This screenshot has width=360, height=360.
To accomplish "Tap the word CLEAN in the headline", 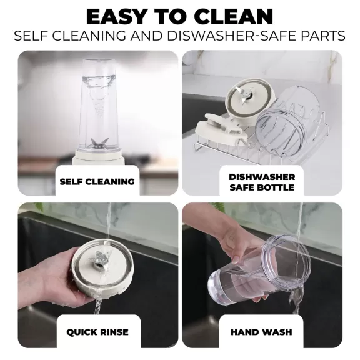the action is (235, 17).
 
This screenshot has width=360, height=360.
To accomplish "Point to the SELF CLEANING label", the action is (97, 182).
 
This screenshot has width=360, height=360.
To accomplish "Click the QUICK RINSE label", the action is (97, 332).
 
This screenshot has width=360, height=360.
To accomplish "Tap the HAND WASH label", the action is (261, 332).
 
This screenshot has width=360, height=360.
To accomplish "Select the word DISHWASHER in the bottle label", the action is (262, 177).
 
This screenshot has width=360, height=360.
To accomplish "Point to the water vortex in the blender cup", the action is (99, 96).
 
